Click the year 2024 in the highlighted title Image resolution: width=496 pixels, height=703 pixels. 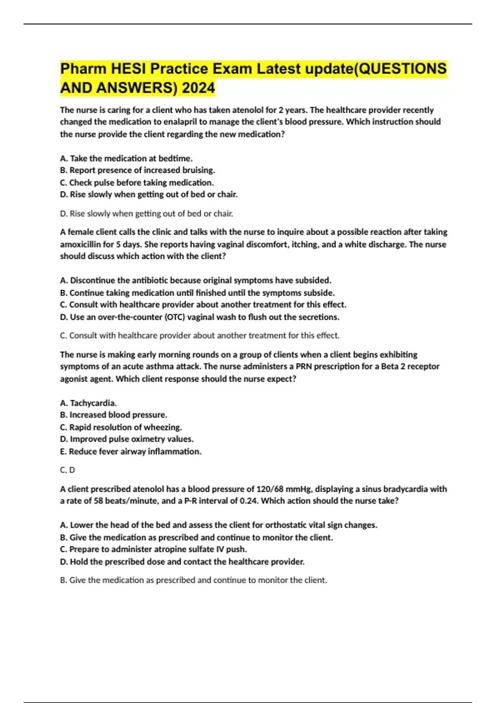click(198, 88)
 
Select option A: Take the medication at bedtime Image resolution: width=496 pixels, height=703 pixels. click(126, 158)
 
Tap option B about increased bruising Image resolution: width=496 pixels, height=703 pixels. click(137, 170)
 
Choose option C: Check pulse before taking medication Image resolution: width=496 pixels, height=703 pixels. click(137, 182)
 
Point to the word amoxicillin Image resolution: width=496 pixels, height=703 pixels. click(80, 244)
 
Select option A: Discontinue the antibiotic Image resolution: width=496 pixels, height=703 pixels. click(196, 280)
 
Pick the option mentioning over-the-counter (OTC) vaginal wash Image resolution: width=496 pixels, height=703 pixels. click(200, 317)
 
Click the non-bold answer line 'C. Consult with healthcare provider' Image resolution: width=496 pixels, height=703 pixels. click(200, 335)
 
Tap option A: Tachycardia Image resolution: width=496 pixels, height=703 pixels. click(88, 403)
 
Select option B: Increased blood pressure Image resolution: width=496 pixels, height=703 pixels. click(114, 415)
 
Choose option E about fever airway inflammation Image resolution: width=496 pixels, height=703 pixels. click(131, 452)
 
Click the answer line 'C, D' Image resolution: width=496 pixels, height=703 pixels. click(67, 470)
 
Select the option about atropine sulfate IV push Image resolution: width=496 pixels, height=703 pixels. click(153, 550)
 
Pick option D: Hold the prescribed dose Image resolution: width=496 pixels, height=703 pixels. click(182, 562)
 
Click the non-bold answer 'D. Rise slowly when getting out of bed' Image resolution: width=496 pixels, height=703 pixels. click(147, 214)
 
